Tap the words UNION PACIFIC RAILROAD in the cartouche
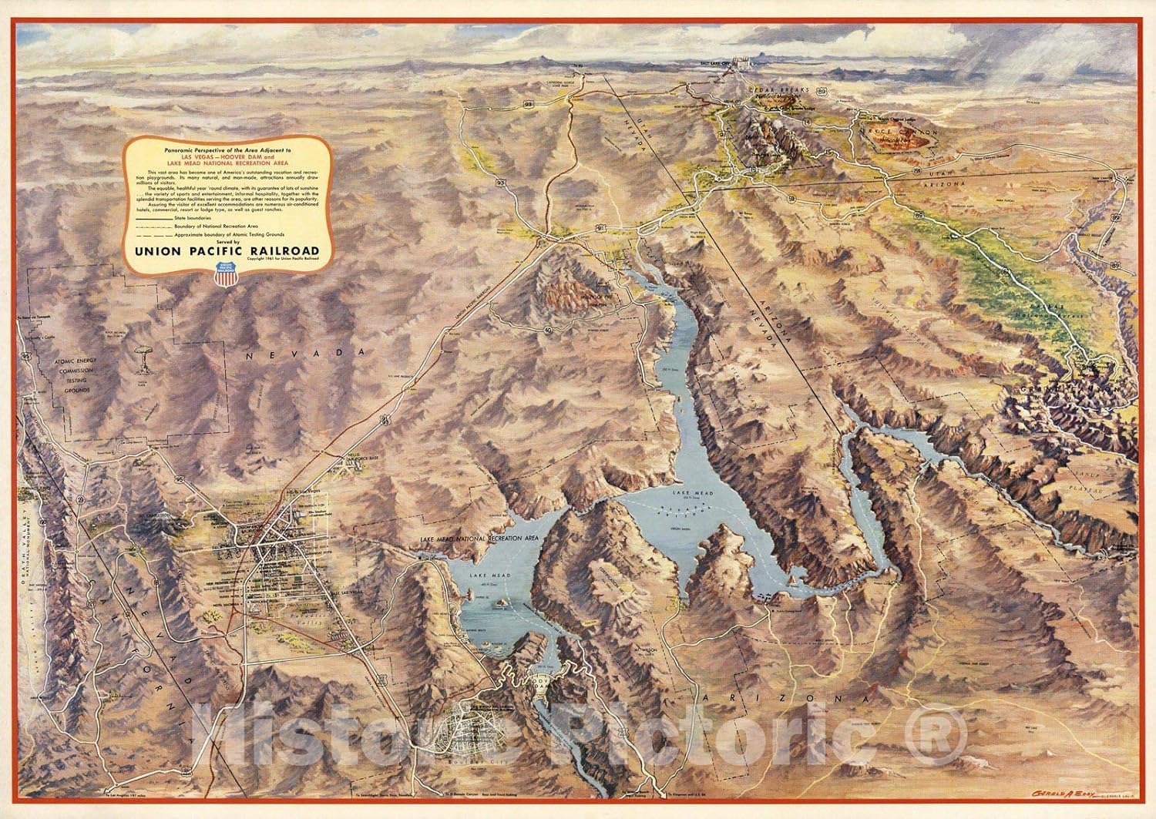point(225,248)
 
